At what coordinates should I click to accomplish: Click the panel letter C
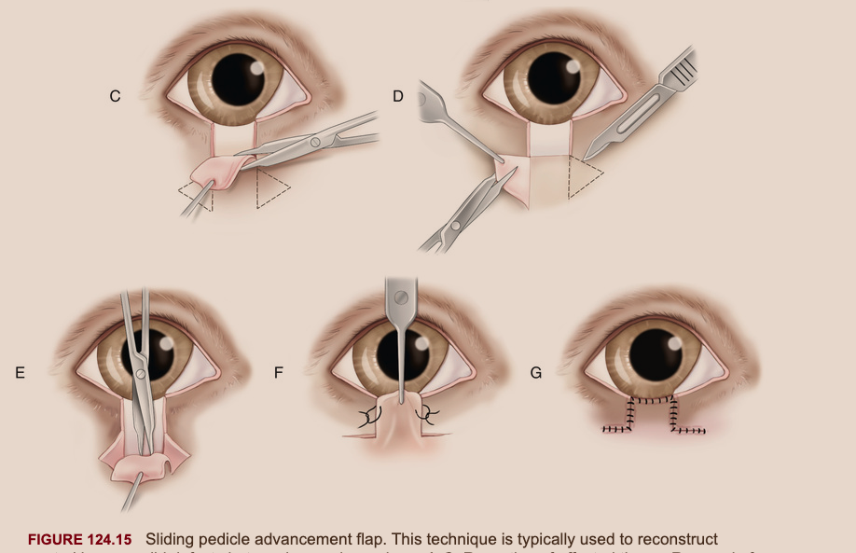115,96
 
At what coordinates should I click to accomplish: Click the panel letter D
397,96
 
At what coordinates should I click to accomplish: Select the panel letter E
20,372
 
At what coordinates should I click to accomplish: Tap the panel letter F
278,372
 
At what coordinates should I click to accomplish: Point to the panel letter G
535,372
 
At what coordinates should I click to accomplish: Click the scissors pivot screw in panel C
314,143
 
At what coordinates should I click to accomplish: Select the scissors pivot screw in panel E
139,373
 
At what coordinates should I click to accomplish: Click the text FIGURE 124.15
83,540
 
